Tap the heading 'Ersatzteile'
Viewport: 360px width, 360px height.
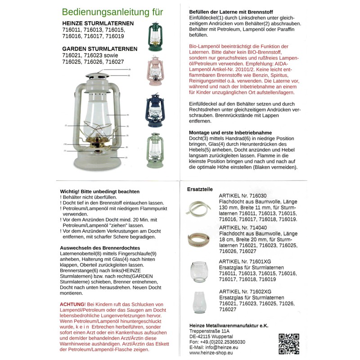(200, 189)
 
